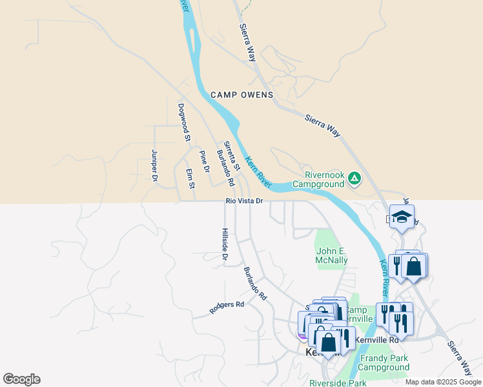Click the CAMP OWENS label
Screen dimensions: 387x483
241,95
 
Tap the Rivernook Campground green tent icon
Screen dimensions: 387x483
355,177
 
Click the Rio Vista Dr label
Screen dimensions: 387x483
244,201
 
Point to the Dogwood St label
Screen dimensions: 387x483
184,122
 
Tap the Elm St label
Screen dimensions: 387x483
190,178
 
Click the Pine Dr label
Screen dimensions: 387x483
205,161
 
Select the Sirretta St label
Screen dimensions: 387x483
231,156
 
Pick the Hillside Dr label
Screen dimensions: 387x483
225,244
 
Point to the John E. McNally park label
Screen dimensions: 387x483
332,255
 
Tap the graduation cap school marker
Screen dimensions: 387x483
402,217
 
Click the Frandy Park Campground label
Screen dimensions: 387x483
384,362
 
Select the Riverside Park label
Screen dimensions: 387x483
338,382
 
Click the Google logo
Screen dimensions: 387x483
21,379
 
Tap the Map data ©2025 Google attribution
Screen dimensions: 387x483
443,382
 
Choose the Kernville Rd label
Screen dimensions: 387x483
379,339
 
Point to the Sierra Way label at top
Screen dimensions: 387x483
248,43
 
